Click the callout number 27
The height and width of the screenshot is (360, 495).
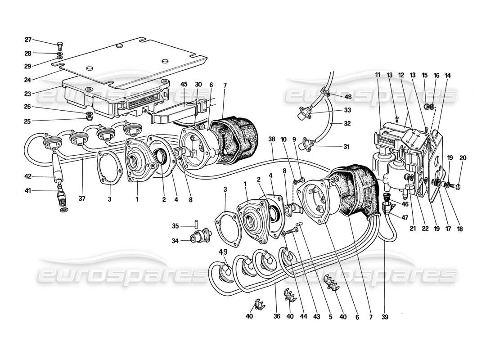[x=28, y=39]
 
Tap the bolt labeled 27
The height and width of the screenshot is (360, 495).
[x=60, y=45]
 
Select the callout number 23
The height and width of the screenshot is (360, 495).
[x=28, y=94]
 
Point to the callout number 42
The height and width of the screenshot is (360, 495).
[x=28, y=177]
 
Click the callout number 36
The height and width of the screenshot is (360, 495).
[x=277, y=316]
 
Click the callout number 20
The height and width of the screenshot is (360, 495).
[x=463, y=158]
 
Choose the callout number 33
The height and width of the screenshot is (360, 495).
[x=348, y=110]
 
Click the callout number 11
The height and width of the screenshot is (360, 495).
[x=377, y=75]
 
